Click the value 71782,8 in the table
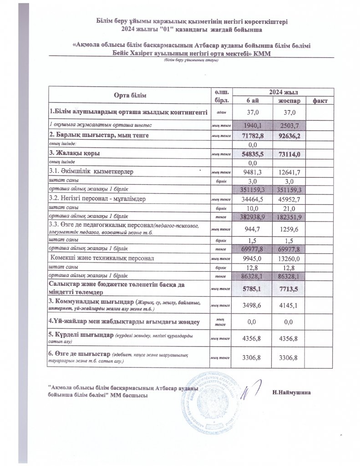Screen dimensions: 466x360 click(252, 136)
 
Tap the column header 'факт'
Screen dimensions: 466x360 click(321, 100)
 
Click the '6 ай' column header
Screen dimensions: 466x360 click(252, 100)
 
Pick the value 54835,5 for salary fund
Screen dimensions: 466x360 click(252, 155)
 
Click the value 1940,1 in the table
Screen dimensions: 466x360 click(252, 125)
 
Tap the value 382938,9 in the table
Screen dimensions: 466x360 click(252, 218)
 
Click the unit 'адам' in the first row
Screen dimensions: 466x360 click(220, 112)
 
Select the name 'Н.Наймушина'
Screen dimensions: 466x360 click(291, 392)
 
